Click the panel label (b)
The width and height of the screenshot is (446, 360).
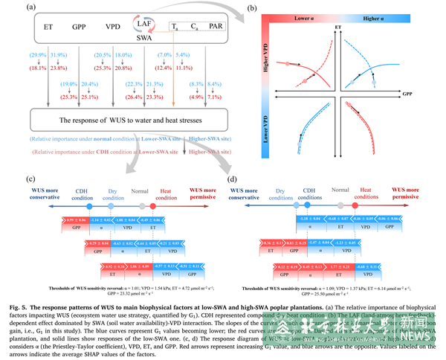tap(272, 9)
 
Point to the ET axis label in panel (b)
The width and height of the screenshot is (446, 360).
tap(339, 27)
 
